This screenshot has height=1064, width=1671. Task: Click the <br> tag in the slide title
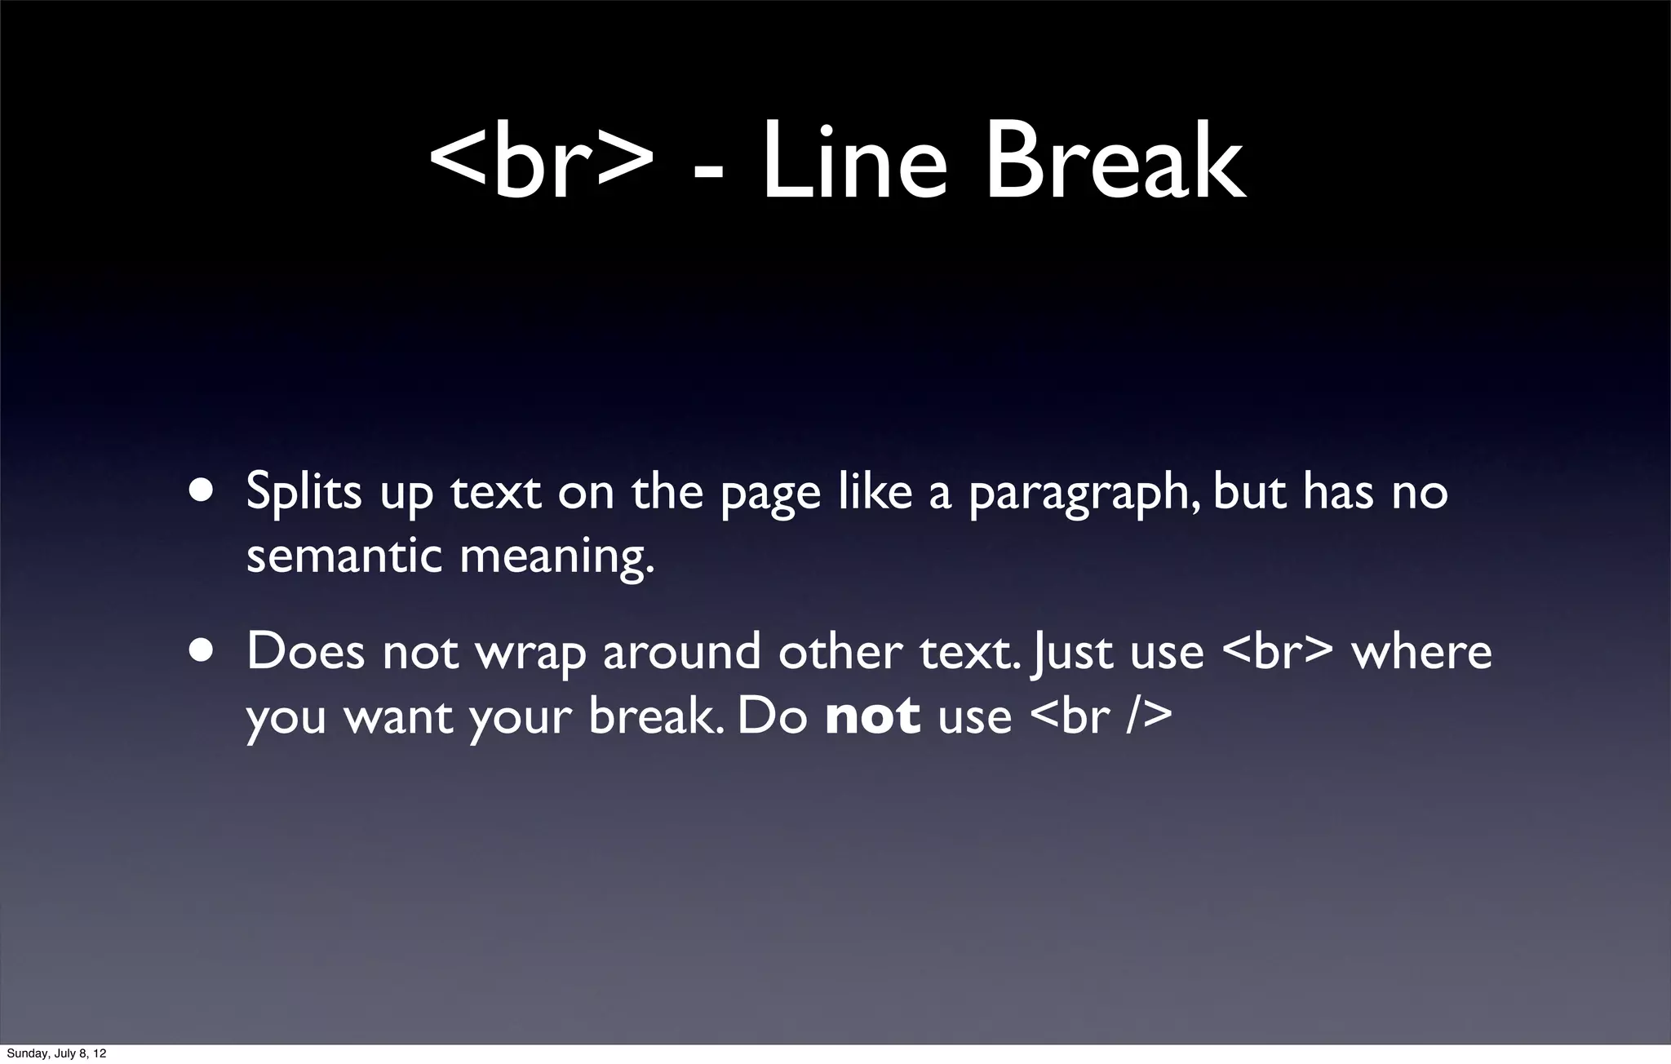point(541,163)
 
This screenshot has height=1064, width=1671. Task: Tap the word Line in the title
point(853,163)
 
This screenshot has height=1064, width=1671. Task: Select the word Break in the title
point(1115,163)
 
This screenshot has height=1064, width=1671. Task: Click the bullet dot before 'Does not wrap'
point(202,650)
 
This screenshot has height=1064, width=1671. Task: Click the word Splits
point(304,492)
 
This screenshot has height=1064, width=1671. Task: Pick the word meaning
point(556,558)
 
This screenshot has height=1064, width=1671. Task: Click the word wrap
point(530,654)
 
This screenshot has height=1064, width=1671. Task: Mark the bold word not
point(872,716)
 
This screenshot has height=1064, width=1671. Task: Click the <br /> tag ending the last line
point(1101,716)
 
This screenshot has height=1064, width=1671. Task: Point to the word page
point(770,494)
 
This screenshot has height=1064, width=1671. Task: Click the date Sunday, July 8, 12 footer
point(56,1053)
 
